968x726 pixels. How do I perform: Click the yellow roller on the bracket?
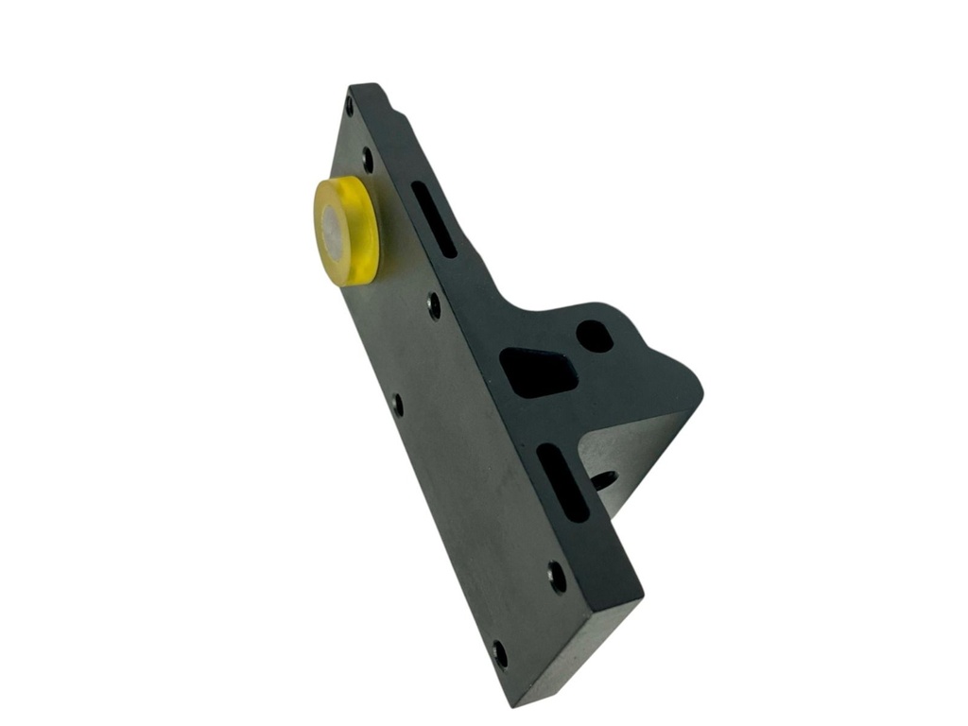point(346,230)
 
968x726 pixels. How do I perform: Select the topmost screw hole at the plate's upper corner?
point(350,104)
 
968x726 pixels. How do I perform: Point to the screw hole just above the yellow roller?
point(368,161)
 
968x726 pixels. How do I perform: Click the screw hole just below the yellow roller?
point(434,305)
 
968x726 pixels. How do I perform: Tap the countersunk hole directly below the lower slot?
point(558,576)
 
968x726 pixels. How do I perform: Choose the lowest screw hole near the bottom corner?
point(500,653)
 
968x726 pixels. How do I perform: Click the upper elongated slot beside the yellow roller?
point(434,218)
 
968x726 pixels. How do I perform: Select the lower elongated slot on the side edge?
point(563,482)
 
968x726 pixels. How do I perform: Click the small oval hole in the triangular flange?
point(595,336)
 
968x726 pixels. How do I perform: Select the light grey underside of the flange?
point(629,454)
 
